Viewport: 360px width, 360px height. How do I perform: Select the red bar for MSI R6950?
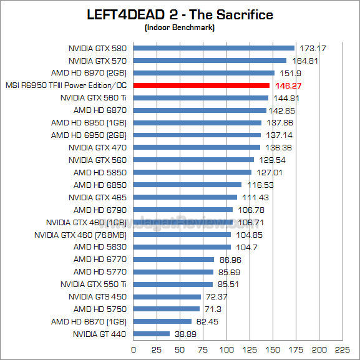tap(202, 85)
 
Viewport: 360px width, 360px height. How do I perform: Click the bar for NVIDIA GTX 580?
tap(213, 48)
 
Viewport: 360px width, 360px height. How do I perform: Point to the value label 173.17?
tap(314, 48)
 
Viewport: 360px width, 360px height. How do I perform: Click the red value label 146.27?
tap(288, 85)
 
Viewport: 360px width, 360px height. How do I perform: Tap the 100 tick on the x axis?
tap(226, 349)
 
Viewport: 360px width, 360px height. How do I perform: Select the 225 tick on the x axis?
tap(342, 349)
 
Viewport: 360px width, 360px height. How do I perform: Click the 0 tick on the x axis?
tap(134, 349)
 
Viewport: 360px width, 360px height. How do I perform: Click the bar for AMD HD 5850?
tap(192, 172)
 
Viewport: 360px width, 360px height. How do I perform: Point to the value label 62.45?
tap(209, 321)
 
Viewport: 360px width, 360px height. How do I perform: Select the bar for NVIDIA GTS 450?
tap(167, 296)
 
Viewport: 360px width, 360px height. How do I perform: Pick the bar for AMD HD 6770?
tap(173, 259)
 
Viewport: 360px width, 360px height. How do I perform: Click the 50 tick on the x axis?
tap(180, 349)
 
